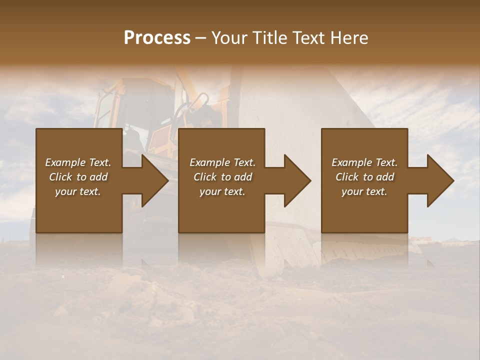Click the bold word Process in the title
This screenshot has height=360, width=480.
[157, 38]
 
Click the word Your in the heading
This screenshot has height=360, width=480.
[230, 38]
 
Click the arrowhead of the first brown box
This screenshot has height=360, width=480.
[154, 180]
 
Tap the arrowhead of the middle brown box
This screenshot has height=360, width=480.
[297, 180]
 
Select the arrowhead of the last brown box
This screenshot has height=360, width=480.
[440, 180]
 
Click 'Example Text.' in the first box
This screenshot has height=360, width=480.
[78, 162]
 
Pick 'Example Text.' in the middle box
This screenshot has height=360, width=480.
[222, 162]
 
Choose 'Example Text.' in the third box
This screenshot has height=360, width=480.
[364, 162]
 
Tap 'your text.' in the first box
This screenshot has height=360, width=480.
[78, 191]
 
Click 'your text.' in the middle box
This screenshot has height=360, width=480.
[222, 191]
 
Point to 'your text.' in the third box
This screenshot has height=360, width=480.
[364, 191]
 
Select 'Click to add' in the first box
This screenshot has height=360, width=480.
[78, 177]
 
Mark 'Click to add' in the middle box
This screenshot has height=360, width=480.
[222, 177]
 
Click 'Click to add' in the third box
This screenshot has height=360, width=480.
[364, 177]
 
